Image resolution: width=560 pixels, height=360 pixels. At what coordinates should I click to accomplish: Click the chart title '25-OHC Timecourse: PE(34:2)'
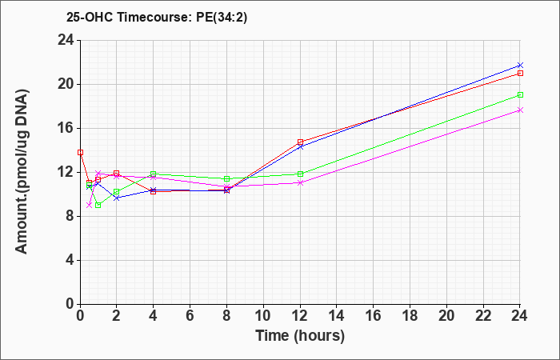pos(157,18)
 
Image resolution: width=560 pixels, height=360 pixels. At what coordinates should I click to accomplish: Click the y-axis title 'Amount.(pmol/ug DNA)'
pos(22,172)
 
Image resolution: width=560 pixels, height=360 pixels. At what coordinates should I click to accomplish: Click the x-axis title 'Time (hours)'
pos(300,336)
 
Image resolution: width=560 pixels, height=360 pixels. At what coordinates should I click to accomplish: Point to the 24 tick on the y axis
pos(66,40)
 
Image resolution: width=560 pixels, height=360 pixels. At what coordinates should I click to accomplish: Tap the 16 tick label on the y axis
pos(66,128)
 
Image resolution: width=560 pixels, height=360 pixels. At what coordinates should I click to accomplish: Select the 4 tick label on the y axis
pos(70,260)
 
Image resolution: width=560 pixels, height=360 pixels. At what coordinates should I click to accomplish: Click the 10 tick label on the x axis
pos(263,316)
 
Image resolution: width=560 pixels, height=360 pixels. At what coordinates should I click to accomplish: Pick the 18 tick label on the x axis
pos(410,316)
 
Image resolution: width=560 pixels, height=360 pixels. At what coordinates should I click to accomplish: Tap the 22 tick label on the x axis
pos(483,316)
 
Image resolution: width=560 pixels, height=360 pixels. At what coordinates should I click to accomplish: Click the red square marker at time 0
pos(80,152)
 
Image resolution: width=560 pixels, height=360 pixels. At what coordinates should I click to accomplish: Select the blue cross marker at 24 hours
pos(520,65)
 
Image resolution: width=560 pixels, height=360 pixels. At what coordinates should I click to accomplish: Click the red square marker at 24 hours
pos(520,74)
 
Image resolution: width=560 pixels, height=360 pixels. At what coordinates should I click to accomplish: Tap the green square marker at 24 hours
pos(520,94)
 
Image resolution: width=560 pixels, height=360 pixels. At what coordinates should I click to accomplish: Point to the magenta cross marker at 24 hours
pos(520,110)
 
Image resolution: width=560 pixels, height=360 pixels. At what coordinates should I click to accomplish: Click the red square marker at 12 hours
pos(300,142)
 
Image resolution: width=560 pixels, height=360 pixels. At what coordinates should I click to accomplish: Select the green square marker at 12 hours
pos(300,174)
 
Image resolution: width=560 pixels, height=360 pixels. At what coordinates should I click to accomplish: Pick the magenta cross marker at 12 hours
pos(300,182)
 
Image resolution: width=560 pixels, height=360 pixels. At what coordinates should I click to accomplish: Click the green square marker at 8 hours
pos(226,178)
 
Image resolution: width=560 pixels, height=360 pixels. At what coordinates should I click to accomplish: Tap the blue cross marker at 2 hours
pos(117,198)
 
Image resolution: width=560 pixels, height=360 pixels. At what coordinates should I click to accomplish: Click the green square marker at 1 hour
pos(98,205)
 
